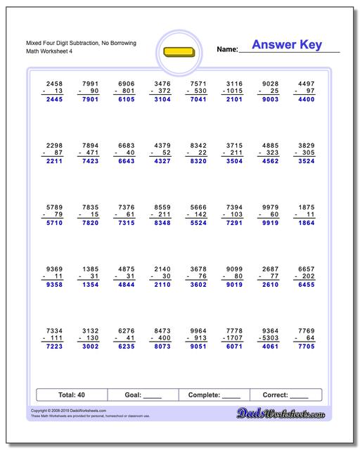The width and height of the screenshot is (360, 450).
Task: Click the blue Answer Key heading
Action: coord(287,45)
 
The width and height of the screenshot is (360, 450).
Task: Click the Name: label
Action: coord(227,50)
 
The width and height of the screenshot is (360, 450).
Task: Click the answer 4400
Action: coord(306,100)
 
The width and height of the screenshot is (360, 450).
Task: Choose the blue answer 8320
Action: coord(197,161)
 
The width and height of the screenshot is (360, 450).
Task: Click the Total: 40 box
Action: coord(70,395)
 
